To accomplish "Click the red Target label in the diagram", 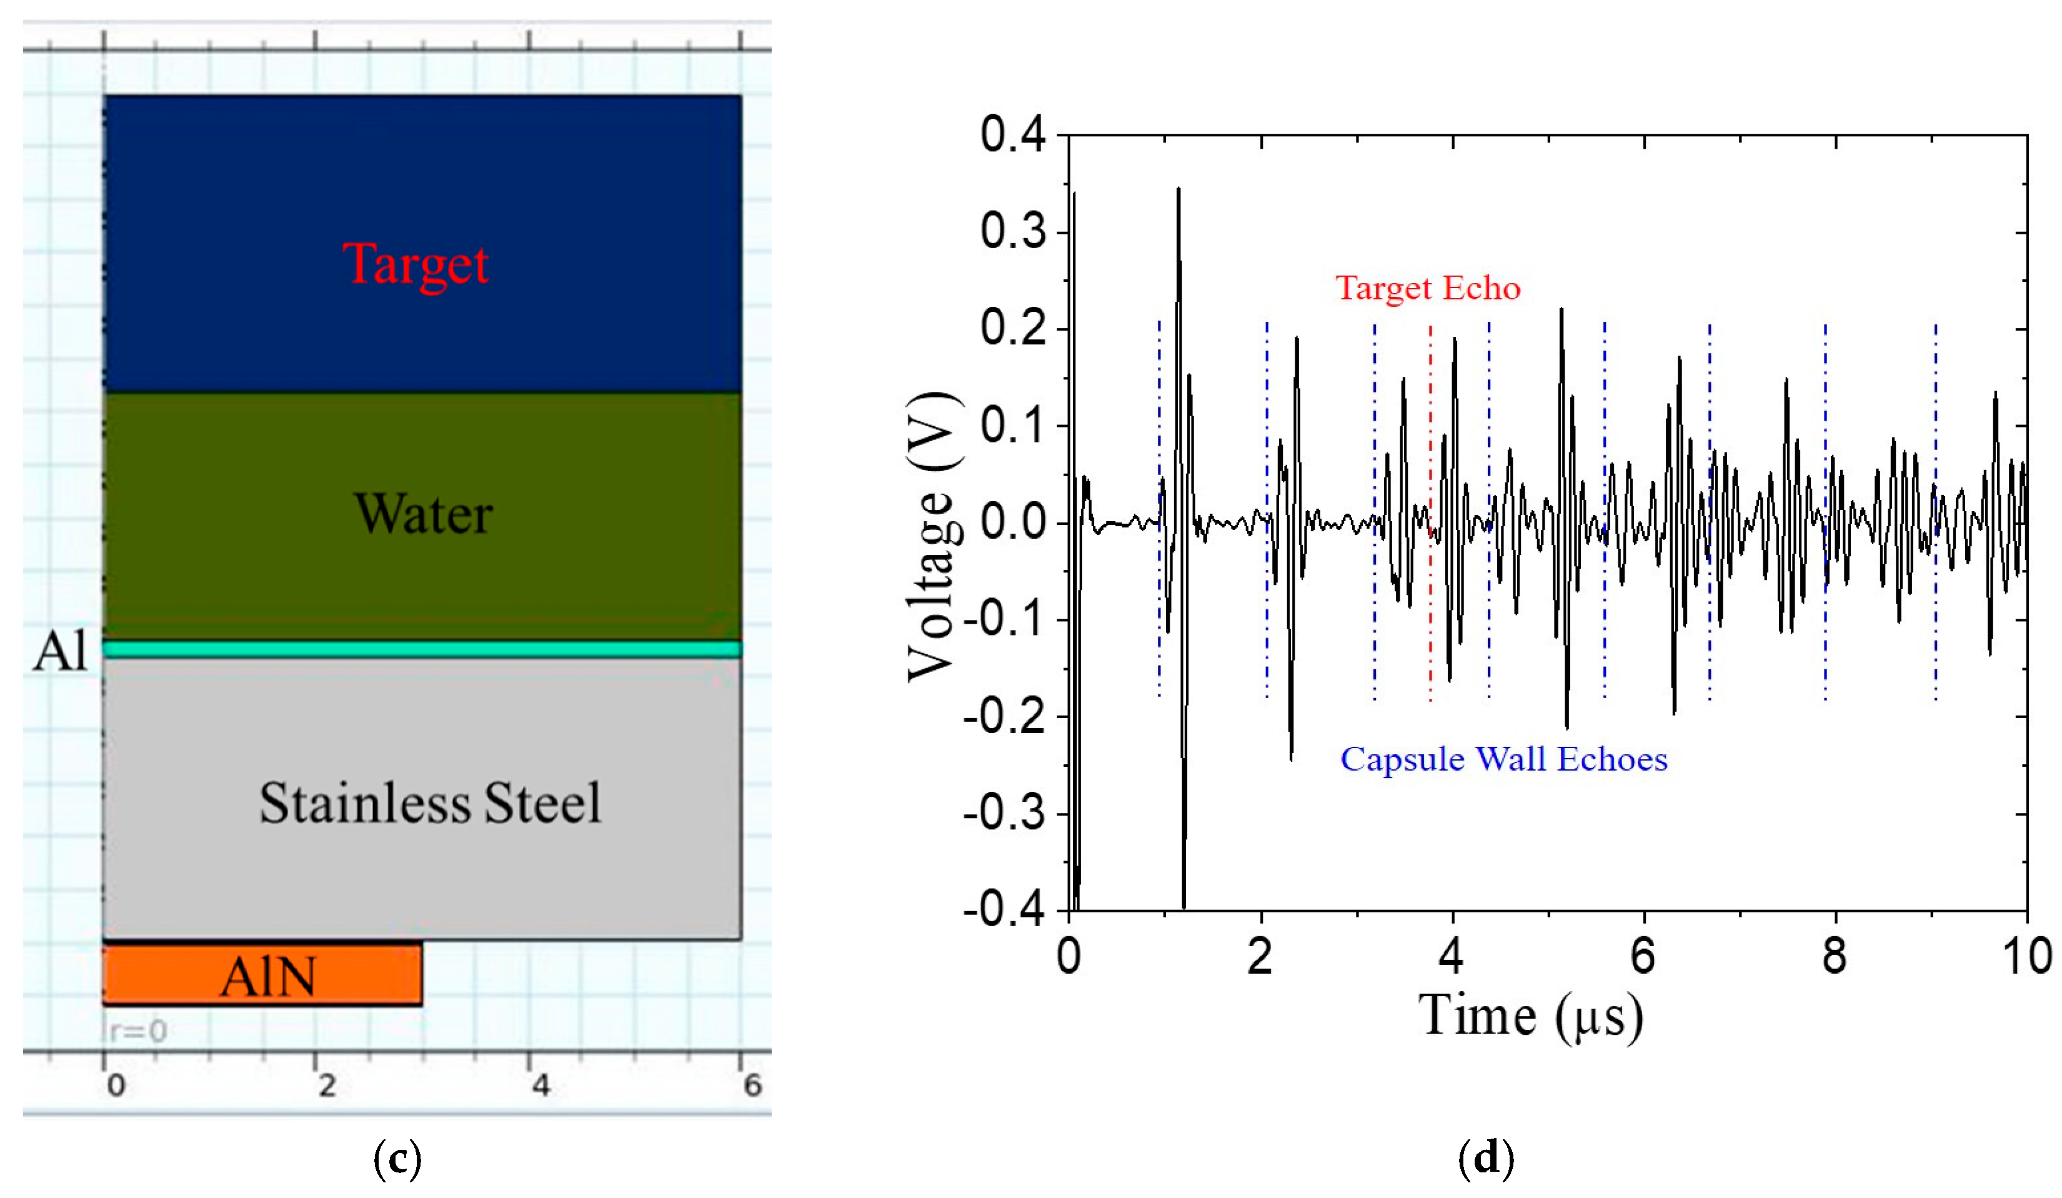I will [x=416, y=264].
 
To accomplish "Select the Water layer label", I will [x=423, y=515].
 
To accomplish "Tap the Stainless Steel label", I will [x=430, y=803].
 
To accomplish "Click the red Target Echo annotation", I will [x=1427, y=288].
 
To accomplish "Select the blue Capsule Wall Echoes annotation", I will [x=1503, y=759].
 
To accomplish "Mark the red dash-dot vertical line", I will [x=1430, y=507].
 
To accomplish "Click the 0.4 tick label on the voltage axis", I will [x=1013, y=135].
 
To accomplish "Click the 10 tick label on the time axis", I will [x=2027, y=956].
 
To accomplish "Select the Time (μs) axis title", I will [x=1530, y=1016].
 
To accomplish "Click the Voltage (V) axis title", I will [x=933, y=537].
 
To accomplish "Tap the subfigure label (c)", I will [x=397, y=1159].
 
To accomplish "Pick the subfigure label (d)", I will [x=1486, y=1159].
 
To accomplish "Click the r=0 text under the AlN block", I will [x=137, y=1031].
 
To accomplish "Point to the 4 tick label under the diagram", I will [x=540, y=1085].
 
